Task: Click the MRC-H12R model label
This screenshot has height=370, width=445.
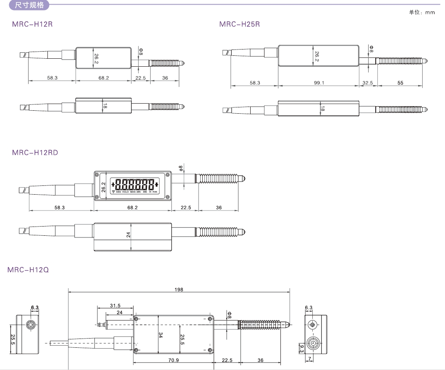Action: tap(32, 24)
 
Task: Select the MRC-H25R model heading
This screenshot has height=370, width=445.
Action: tap(239, 24)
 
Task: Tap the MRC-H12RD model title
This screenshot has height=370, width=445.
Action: tap(35, 152)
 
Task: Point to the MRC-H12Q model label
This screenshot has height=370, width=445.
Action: tap(28, 270)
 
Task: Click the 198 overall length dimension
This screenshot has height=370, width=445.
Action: tap(179, 289)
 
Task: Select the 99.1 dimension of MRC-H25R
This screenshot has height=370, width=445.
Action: tap(319, 83)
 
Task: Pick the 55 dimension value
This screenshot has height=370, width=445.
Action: tap(400, 83)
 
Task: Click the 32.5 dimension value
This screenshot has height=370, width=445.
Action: tap(368, 83)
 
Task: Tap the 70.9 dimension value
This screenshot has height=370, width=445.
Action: tap(173, 360)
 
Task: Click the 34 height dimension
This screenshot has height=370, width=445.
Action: tap(160, 335)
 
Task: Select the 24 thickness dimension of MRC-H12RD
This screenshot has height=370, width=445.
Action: tap(128, 235)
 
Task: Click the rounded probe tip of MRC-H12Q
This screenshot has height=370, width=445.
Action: tap(288, 324)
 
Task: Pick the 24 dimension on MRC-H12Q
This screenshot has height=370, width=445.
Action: tap(120, 313)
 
